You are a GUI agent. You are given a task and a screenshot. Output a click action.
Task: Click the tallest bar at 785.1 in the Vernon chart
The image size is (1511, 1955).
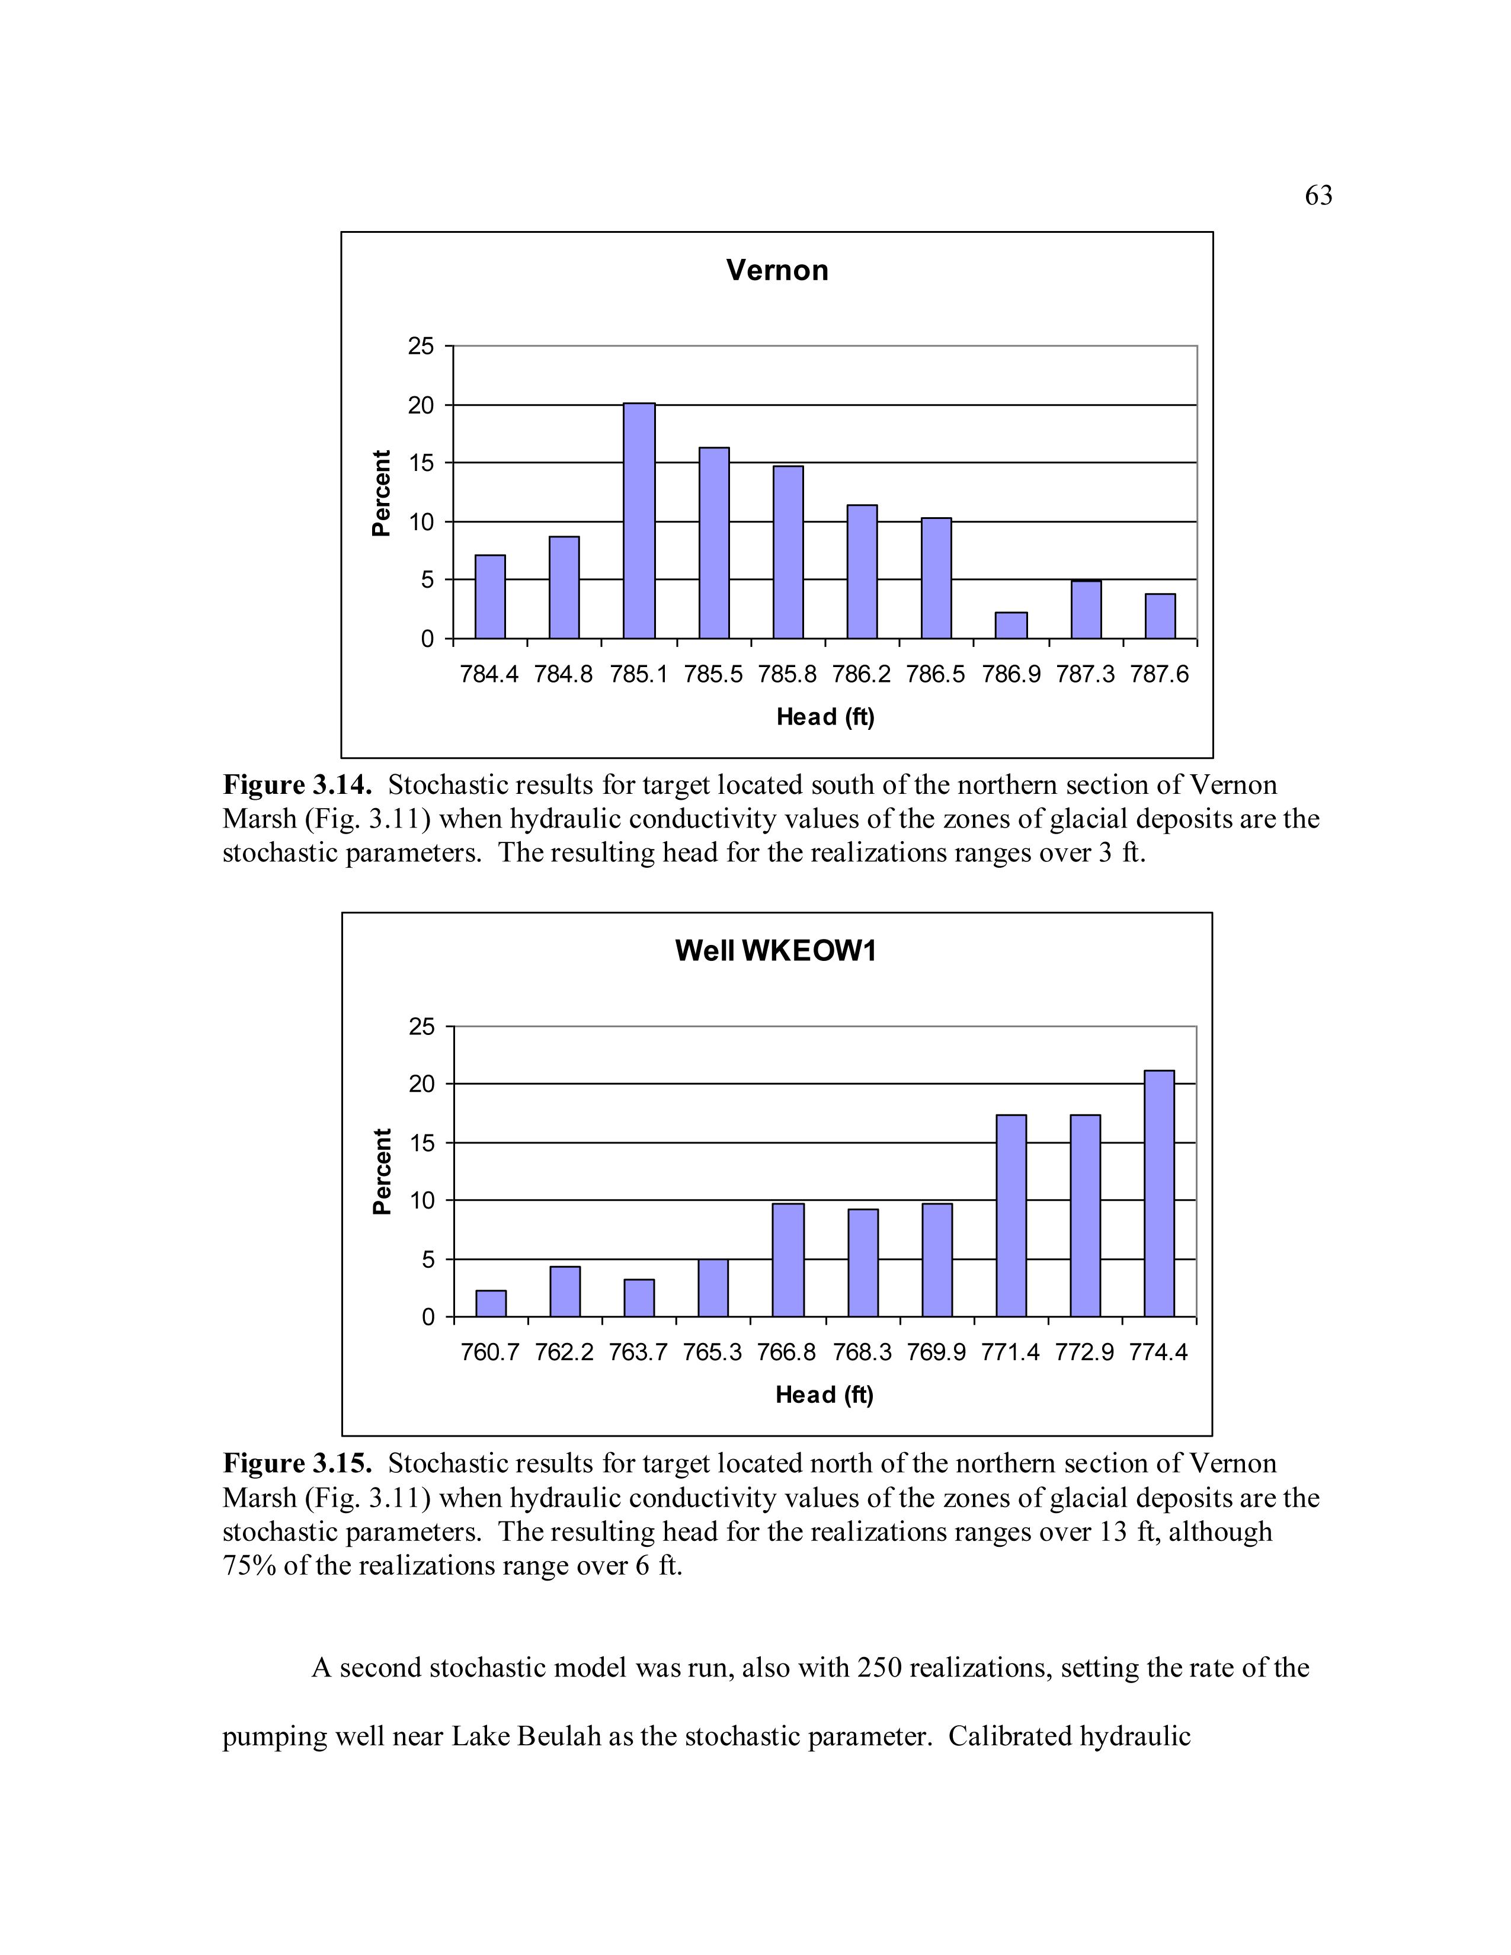[x=639, y=521]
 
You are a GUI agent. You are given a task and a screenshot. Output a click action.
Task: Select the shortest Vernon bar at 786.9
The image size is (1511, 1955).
[x=1011, y=625]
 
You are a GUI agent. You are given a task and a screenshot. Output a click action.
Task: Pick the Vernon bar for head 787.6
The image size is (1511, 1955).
[x=1160, y=616]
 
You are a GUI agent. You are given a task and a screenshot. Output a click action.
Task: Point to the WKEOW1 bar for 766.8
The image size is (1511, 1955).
[x=787, y=1259]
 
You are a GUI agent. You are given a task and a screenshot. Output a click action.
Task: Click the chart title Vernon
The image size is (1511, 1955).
[x=777, y=270]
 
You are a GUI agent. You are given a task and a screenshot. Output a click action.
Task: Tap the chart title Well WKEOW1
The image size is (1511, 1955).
[x=776, y=951]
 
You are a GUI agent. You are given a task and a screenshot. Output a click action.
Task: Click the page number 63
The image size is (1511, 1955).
[x=1318, y=195]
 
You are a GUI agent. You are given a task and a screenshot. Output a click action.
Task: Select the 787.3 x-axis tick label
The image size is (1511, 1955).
[x=1085, y=674]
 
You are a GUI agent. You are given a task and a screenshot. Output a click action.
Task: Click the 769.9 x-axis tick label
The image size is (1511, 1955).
[x=936, y=1352]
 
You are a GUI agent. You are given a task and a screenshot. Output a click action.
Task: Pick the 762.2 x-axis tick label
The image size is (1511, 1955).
[x=564, y=1352]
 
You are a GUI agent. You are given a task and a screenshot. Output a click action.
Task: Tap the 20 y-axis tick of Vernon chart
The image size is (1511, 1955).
[x=421, y=405]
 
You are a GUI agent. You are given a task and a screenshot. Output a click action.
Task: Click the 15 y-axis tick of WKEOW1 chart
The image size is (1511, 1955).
[x=421, y=1143]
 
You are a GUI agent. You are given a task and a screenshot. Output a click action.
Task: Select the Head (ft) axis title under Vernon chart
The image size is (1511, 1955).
[x=824, y=717]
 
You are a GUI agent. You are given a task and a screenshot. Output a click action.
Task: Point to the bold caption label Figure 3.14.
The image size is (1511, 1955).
[x=296, y=785]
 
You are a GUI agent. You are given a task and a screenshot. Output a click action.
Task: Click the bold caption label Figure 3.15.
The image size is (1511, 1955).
[x=296, y=1463]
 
